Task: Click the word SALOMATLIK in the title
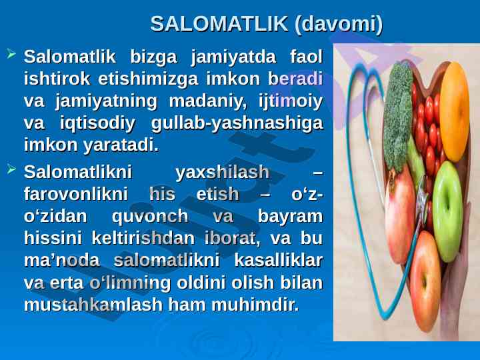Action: tap(219, 23)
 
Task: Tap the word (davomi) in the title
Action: tap(338, 24)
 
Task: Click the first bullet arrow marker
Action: tap(11, 54)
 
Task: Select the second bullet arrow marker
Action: tap(11, 169)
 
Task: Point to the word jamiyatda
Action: tap(233, 57)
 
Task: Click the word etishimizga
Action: tap(148, 79)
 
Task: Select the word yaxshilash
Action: tap(223, 172)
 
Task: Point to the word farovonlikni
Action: tap(76, 194)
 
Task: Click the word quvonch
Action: tap(150, 217)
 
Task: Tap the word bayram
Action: tap(290, 217)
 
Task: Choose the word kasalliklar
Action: tap(279, 260)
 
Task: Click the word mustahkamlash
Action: tap(93, 304)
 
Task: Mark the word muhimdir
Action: tap(255, 304)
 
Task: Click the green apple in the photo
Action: tap(447, 211)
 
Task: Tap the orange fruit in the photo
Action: tap(455, 111)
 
